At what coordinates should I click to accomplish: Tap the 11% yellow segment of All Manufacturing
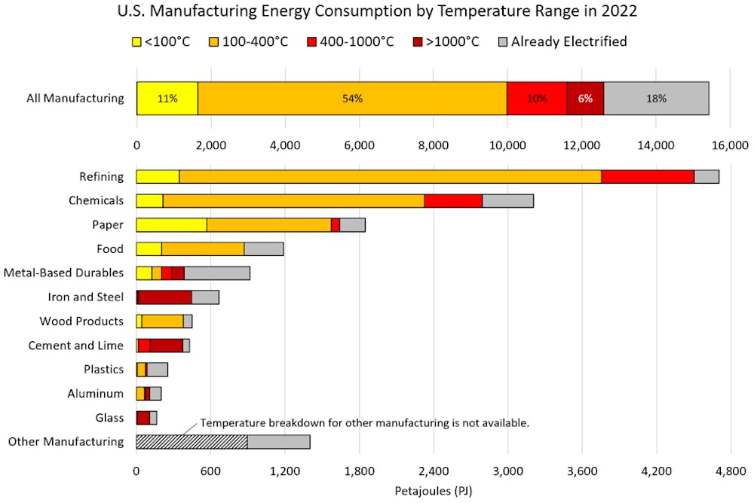tap(167, 98)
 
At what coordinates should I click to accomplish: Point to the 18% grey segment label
tap(656, 98)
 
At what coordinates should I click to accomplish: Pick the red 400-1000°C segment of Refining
tap(648, 176)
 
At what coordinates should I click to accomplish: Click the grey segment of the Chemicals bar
tap(507, 200)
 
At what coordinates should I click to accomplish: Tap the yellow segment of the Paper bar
tap(171, 224)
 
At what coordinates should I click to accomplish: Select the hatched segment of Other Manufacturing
tap(192, 441)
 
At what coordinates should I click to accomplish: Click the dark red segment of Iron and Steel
tap(165, 297)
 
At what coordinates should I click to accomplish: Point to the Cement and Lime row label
tap(75, 345)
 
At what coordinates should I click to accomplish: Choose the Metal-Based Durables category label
tap(63, 273)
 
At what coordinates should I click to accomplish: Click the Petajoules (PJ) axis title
tap(433, 491)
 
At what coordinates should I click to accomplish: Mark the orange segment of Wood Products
tap(163, 321)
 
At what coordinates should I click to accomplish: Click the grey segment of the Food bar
tap(263, 248)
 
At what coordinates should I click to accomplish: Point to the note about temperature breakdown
tap(365, 423)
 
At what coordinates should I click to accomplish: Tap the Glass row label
tap(109, 417)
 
